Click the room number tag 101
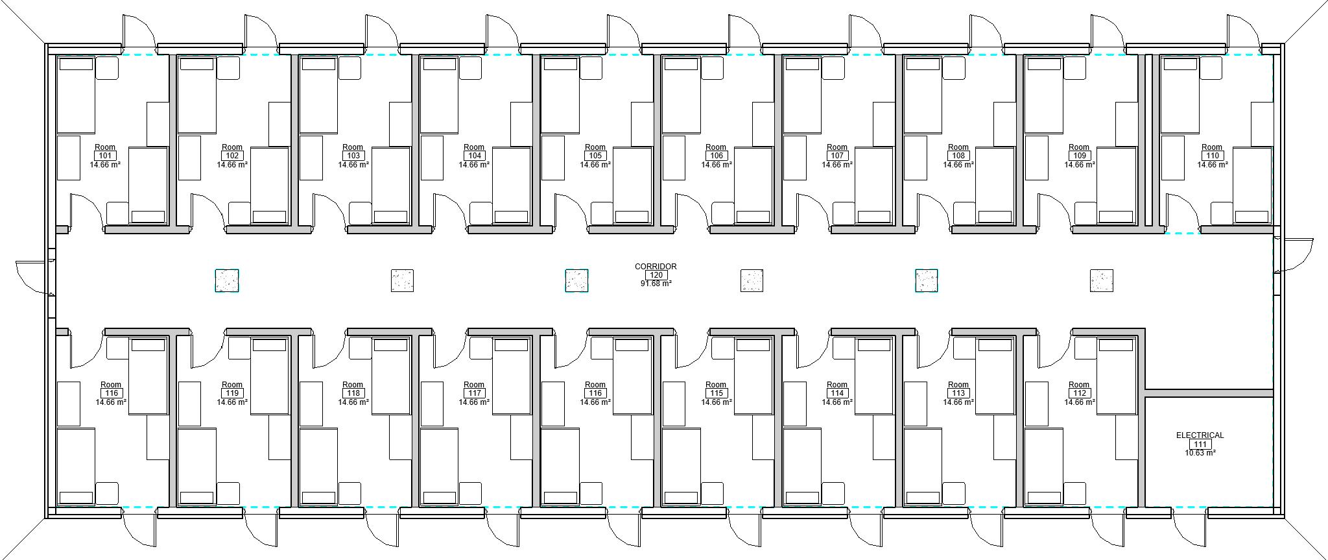pyautogui.click(x=105, y=156)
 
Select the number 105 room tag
pyautogui.click(x=595, y=156)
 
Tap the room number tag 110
pyautogui.click(x=1211, y=156)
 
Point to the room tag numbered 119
pyautogui.click(x=232, y=393)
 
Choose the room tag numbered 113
pyautogui.click(x=958, y=393)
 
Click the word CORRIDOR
pyautogui.click(x=656, y=266)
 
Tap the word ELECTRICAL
pyautogui.click(x=1200, y=435)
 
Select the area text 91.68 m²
pyautogui.click(x=656, y=284)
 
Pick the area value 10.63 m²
pyautogui.click(x=1200, y=453)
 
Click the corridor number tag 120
pyautogui.click(x=656, y=275)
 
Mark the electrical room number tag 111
pyautogui.click(x=1200, y=444)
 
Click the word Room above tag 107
pyautogui.click(x=837, y=147)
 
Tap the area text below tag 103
pyautogui.click(x=353, y=165)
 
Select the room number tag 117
pyautogui.click(x=474, y=393)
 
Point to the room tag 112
pyautogui.click(x=1079, y=393)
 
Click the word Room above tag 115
pyautogui.click(x=716, y=385)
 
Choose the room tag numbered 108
pyautogui.click(x=958, y=156)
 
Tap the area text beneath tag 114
pyautogui.click(x=837, y=402)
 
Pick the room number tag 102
pyautogui.click(x=232, y=156)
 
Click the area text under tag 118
pyautogui.click(x=353, y=402)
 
